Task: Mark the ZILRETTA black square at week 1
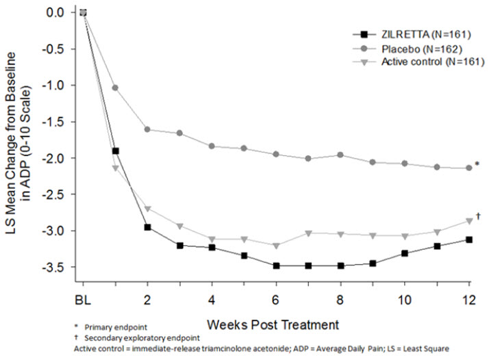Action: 115,151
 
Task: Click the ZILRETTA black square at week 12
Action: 469,240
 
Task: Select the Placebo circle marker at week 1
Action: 115,88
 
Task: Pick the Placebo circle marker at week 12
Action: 469,168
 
